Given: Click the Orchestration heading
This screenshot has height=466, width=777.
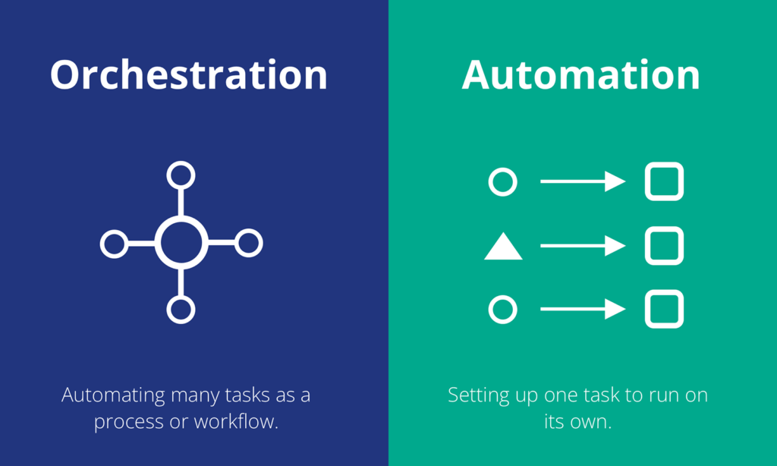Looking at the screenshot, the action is point(189,74).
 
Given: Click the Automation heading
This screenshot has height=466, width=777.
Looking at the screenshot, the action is point(580,74).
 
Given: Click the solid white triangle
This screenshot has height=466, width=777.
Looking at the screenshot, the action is point(503,249).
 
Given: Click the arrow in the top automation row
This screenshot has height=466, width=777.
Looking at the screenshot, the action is point(583,181).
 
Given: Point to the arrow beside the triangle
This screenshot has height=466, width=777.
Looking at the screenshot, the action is point(583,246).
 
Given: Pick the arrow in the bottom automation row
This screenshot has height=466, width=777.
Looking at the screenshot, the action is point(583,310).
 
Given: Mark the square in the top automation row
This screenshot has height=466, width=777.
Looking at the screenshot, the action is point(648,181).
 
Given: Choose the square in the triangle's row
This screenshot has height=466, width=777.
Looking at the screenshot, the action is point(648,246).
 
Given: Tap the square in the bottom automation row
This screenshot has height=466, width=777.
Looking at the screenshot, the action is point(648,310).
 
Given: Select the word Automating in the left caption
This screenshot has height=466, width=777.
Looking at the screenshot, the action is point(114,396).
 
